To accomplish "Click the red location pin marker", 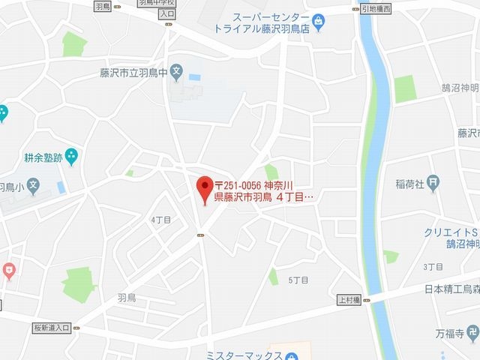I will tap(202, 189).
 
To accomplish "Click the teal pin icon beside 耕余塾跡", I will tap(71, 157).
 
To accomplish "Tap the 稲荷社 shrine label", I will tap(411, 182).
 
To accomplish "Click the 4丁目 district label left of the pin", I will tap(160, 220).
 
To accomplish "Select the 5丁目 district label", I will tap(298, 280).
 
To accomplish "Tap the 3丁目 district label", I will tap(433, 266).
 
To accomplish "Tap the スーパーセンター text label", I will tap(269, 17).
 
